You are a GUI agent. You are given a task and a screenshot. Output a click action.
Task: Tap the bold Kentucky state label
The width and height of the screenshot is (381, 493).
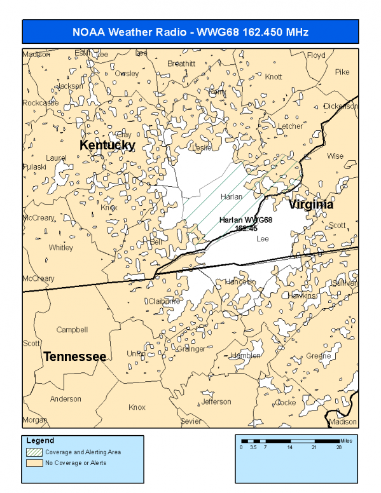[107, 145]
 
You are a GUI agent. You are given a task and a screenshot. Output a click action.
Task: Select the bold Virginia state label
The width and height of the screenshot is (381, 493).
[310, 205]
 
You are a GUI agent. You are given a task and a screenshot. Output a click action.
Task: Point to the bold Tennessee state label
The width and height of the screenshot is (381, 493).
[74, 356]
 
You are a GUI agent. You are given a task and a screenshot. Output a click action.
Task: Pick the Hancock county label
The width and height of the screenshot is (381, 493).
[240, 281]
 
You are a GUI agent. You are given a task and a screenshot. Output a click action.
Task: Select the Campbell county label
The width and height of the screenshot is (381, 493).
[72, 330]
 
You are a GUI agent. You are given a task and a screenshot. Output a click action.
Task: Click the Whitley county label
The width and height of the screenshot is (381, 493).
[60, 248]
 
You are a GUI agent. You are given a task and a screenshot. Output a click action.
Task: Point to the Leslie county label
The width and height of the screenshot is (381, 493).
[202, 147]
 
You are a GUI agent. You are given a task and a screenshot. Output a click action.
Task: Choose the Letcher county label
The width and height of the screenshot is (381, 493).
[290, 126]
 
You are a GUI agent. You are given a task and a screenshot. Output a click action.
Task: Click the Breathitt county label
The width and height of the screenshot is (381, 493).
[181, 64]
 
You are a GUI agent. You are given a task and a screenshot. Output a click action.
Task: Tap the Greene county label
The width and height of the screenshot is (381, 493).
[318, 356]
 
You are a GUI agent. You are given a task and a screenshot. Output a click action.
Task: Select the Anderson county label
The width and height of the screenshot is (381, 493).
[66, 399]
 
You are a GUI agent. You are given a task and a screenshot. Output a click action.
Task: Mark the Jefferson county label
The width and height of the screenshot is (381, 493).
[216, 402]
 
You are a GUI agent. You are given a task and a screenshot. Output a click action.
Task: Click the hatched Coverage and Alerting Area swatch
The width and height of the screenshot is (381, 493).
[34, 452]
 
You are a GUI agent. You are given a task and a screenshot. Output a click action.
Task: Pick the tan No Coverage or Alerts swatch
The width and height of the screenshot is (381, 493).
[34, 463]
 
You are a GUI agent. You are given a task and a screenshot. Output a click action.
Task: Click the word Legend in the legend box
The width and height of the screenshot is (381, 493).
[41, 440]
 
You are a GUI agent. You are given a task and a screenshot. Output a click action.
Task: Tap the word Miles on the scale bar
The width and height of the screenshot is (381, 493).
[347, 439]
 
